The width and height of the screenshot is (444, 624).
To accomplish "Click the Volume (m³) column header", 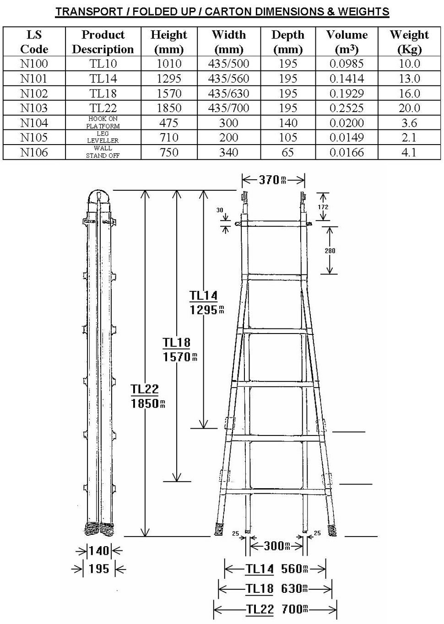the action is click(x=347, y=42).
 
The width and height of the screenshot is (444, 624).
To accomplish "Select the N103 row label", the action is click(x=34, y=108).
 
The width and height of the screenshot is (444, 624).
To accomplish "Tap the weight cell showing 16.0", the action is click(x=409, y=93).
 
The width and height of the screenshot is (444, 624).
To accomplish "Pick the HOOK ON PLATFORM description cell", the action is click(x=103, y=122).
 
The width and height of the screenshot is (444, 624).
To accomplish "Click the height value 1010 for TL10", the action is click(x=169, y=64).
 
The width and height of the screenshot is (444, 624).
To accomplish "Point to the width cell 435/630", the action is click(x=228, y=93).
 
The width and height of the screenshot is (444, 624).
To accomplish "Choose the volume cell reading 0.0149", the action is click(x=347, y=137).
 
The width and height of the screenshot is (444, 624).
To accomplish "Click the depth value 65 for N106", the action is click(x=287, y=152).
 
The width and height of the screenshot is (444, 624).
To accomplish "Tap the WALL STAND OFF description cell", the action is click(x=103, y=152).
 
